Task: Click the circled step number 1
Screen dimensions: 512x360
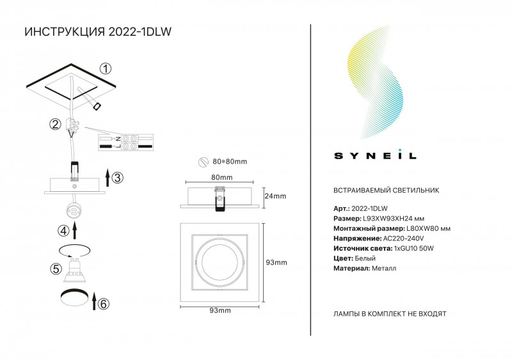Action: (x=105, y=68)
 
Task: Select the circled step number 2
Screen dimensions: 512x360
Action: (x=55, y=124)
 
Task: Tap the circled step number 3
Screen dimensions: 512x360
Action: (x=118, y=178)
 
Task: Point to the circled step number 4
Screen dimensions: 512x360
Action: (x=63, y=231)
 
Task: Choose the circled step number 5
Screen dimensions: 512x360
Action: (x=56, y=269)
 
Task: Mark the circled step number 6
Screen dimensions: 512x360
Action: (x=104, y=304)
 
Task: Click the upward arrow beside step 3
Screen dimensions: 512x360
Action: (x=108, y=178)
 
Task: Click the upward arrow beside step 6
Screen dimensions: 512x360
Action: (x=94, y=301)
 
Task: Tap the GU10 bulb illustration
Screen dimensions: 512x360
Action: (x=74, y=270)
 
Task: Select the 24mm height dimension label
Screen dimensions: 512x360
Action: (x=275, y=196)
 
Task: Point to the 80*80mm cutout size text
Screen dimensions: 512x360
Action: (x=230, y=162)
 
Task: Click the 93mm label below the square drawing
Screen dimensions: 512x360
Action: (x=220, y=310)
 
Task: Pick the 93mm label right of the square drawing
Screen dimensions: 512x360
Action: (x=276, y=262)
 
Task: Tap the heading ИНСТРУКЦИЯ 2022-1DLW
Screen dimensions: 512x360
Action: (x=98, y=32)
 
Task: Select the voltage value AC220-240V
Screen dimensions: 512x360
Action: (x=404, y=239)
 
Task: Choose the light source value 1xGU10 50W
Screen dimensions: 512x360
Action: (x=414, y=248)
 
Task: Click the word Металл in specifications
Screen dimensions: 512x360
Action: (x=384, y=269)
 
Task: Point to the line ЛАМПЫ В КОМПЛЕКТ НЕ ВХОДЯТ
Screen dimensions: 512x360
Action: (x=390, y=314)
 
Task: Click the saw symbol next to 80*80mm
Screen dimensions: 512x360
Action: (x=204, y=162)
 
